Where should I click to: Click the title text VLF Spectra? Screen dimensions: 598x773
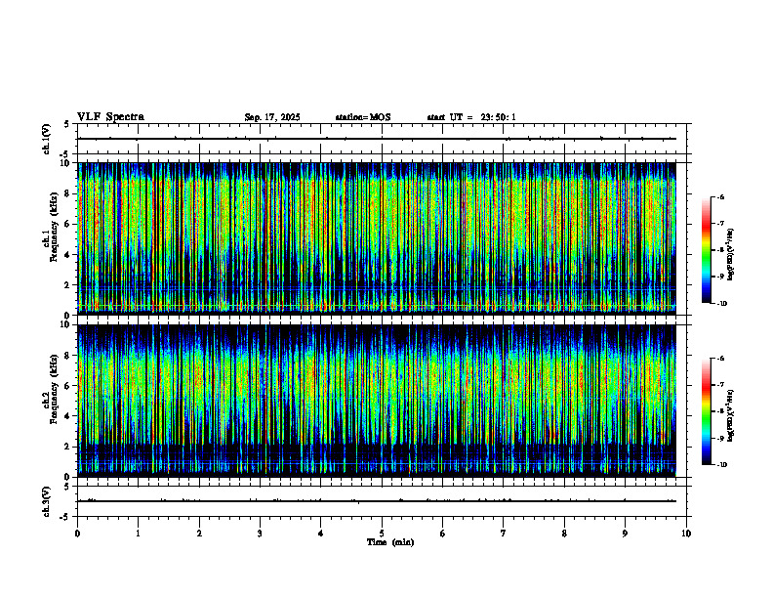point(110,117)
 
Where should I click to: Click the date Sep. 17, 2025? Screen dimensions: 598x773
point(272,117)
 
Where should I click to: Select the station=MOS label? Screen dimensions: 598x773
point(362,117)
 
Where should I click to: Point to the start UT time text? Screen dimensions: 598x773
point(471,117)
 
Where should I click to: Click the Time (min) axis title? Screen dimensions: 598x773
point(389,542)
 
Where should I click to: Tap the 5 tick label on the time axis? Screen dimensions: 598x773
point(382,534)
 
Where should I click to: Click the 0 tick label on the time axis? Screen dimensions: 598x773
point(77,534)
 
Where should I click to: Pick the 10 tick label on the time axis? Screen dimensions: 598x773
point(686,534)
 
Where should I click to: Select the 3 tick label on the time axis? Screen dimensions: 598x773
point(260,534)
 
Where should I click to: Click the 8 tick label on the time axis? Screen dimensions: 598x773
point(564,534)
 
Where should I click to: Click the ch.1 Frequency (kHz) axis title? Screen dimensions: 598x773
point(48,237)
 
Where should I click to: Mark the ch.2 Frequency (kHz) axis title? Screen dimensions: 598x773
point(48,399)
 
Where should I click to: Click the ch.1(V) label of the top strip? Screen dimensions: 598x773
point(46,139)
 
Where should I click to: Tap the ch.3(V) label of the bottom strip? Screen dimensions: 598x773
point(46,500)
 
